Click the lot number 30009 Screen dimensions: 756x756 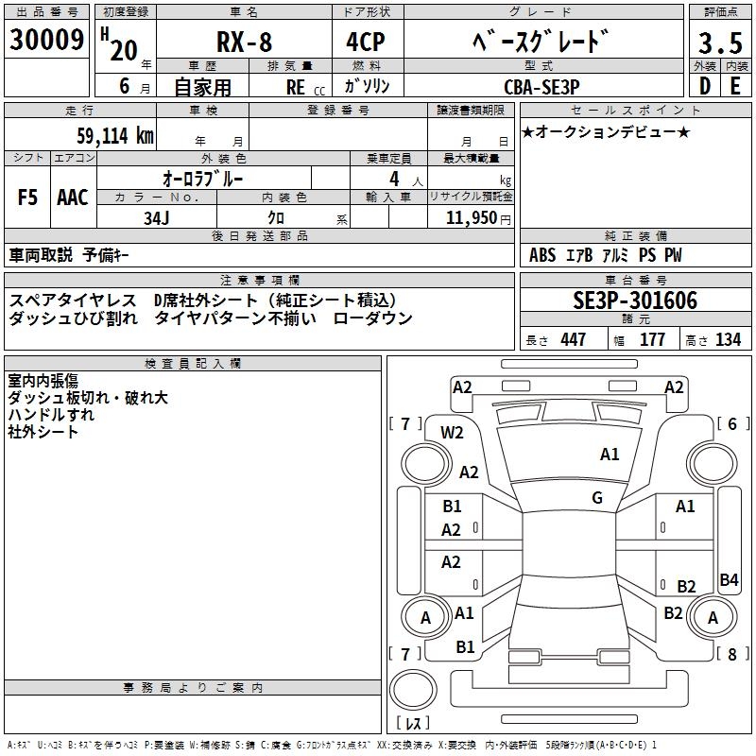(x=47, y=40)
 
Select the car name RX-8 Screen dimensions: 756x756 (x=242, y=43)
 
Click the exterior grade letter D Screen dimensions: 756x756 (x=704, y=84)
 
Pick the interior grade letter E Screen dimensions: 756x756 (x=735, y=84)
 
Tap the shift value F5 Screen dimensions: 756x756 (x=28, y=197)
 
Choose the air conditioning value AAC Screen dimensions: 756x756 (x=72, y=197)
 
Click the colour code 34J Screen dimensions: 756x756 (x=156, y=218)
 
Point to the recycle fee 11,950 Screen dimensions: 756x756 (x=466, y=218)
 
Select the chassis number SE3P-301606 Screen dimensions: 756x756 (x=635, y=301)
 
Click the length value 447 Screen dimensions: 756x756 (x=572, y=339)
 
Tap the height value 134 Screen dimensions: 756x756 (x=727, y=339)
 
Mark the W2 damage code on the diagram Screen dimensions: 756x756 (x=452, y=433)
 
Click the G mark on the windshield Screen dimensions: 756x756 (x=597, y=498)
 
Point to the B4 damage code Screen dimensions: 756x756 (x=729, y=579)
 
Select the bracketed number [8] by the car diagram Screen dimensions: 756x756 (x=730, y=653)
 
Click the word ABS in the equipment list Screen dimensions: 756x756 (x=542, y=255)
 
